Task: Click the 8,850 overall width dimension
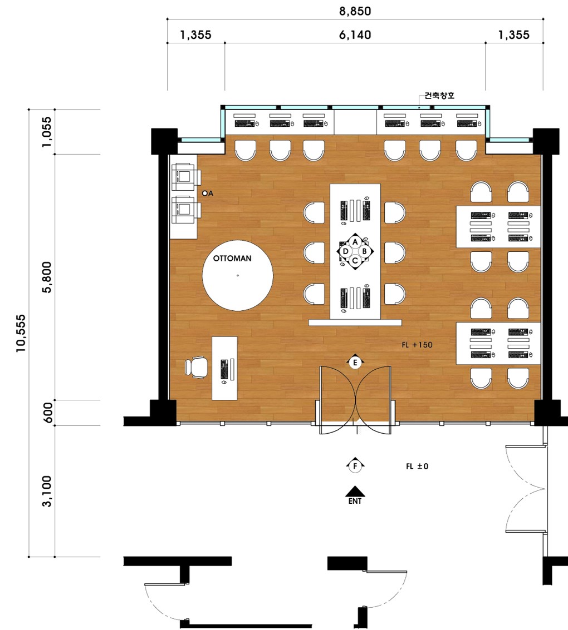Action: tap(355, 11)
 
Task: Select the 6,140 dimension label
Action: tap(355, 35)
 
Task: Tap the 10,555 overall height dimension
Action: tap(21, 334)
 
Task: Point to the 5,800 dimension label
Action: tap(47, 277)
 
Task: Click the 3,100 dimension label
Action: tap(47, 491)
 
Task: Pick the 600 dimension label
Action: tap(48, 412)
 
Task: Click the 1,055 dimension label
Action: tap(47, 132)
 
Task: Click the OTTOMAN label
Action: tap(232, 259)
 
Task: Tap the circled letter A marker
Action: tap(355, 242)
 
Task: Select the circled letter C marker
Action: tap(355, 261)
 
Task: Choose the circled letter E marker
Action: tap(355, 363)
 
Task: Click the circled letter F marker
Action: tap(355, 466)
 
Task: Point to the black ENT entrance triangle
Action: tap(355, 492)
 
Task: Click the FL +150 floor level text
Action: tap(417, 345)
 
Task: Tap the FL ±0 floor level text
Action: tap(417, 467)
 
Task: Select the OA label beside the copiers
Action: tap(208, 194)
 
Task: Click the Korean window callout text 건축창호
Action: tap(440, 96)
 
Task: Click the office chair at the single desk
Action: tap(197, 367)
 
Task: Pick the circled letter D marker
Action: tap(345, 251)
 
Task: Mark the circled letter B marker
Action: tap(364, 251)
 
